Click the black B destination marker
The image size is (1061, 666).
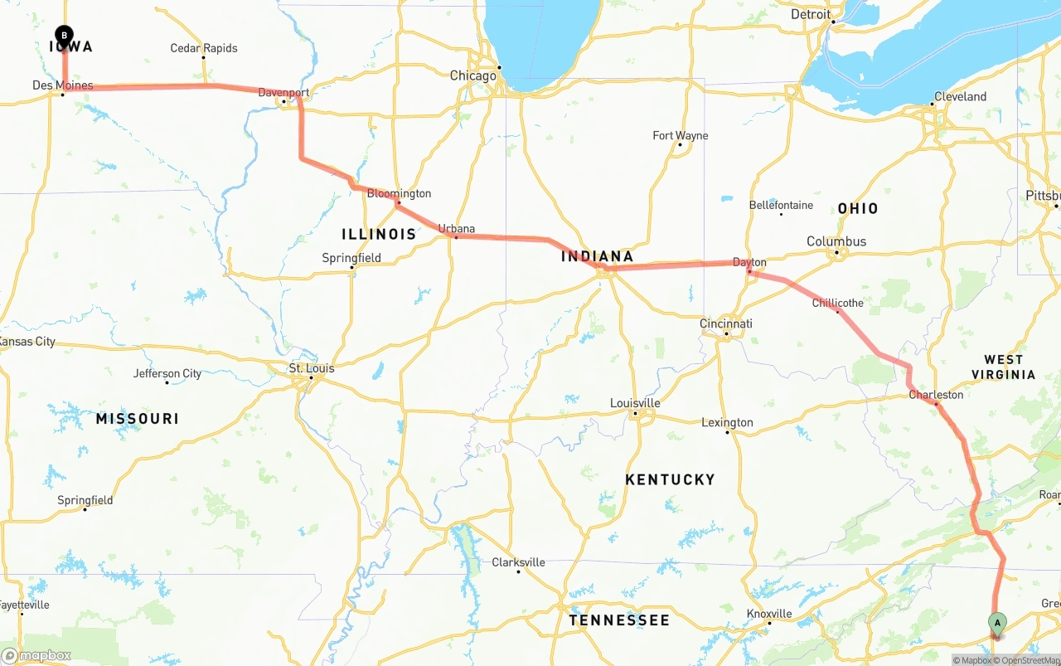[64, 35]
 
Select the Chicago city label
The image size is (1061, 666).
[472, 75]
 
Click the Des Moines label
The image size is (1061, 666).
[62, 85]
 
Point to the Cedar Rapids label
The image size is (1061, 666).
[203, 48]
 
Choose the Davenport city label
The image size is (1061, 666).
[283, 92]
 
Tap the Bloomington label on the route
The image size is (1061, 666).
[399, 193]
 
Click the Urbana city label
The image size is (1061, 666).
[456, 228]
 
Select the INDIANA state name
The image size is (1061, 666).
[597, 256]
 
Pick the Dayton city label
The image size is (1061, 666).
[749, 262]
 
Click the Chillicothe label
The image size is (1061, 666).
[837, 303]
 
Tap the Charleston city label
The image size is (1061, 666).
[936, 395]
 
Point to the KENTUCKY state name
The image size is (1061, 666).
[670, 479]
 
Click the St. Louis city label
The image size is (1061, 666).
[311, 368]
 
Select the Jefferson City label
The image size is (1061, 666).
[167, 373]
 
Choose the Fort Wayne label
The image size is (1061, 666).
[680, 135]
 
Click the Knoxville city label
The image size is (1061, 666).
[768, 614]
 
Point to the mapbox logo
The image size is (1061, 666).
[36, 655]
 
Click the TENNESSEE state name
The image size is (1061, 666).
[618, 620]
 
